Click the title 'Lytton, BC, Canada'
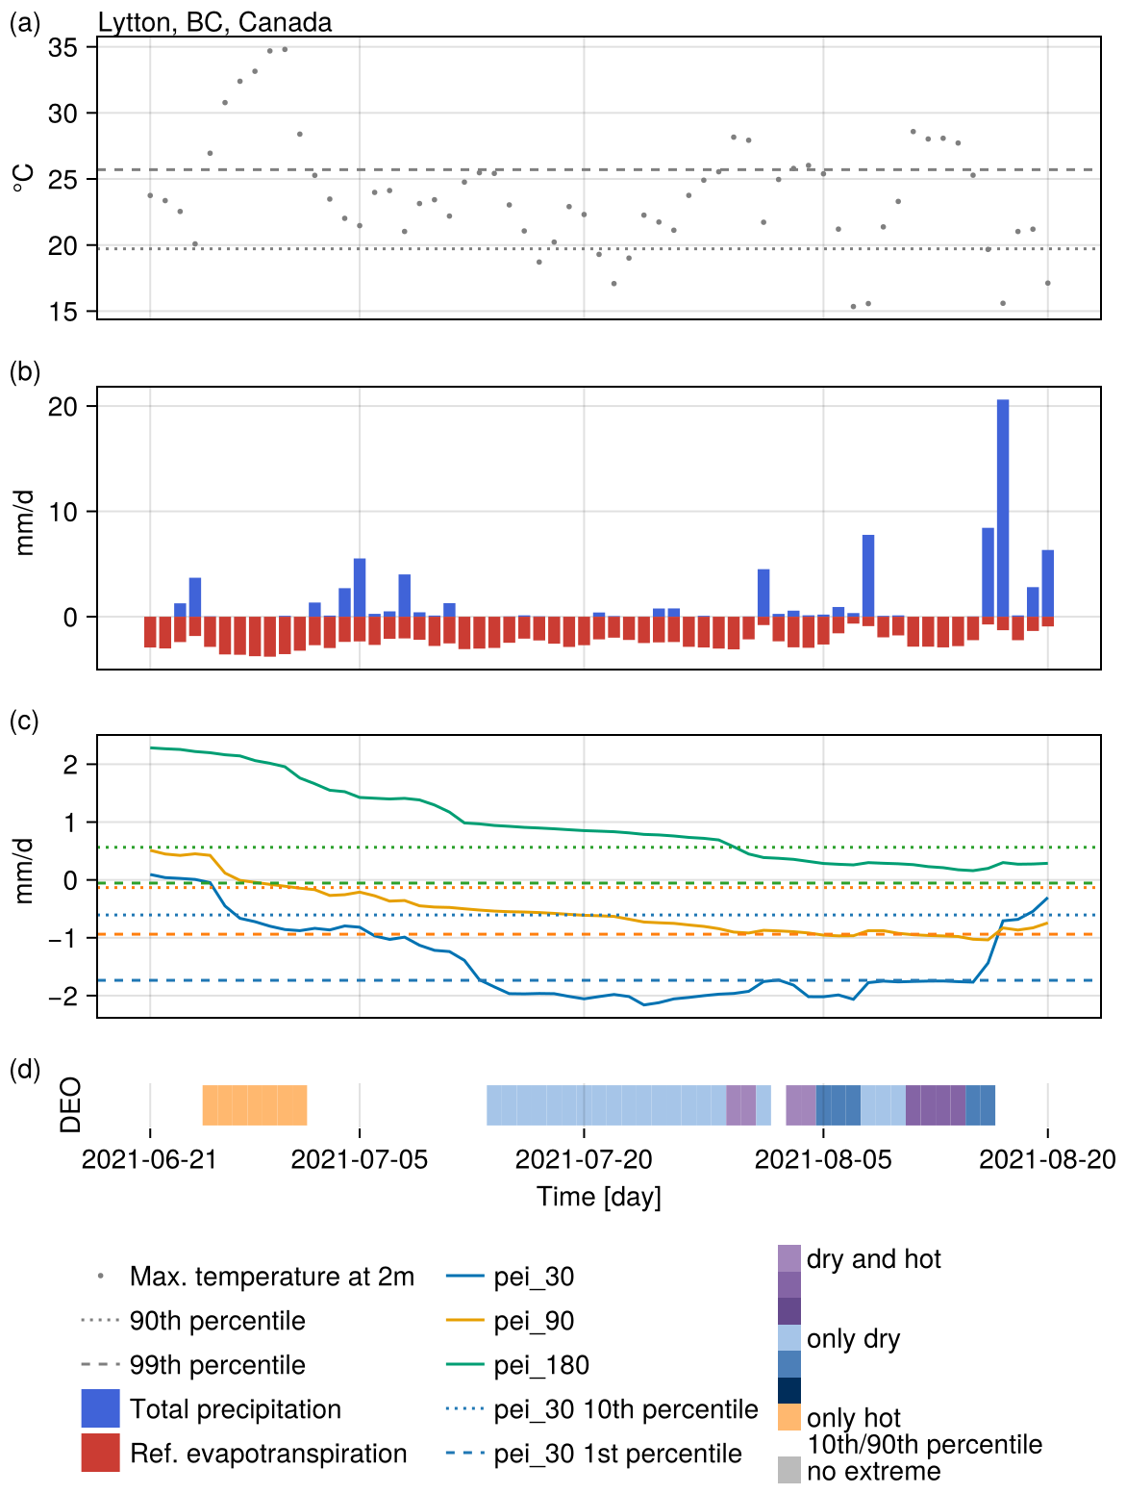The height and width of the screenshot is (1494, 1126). tap(214, 22)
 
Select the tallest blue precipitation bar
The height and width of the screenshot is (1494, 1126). tap(1003, 508)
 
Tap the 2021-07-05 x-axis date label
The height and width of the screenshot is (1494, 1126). tap(359, 1158)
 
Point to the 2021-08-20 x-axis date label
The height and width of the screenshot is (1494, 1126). tap(1047, 1158)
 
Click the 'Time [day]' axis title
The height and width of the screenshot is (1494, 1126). tap(598, 1197)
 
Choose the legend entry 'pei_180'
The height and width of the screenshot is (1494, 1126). tap(541, 1365)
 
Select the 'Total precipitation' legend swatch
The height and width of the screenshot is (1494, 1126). tap(100, 1409)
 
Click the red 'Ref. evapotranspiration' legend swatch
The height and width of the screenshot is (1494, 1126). tap(100, 1454)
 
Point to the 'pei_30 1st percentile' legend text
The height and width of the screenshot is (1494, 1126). tap(617, 1454)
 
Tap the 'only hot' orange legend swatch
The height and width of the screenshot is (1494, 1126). tap(788, 1417)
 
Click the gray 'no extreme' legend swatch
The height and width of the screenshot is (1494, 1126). tap(788, 1470)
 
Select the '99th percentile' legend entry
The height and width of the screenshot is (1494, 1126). tap(217, 1365)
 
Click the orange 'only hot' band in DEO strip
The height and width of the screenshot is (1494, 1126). tap(254, 1104)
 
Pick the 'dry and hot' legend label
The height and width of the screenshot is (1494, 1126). tap(873, 1259)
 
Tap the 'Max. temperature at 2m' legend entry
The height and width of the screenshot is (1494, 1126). tap(271, 1277)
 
